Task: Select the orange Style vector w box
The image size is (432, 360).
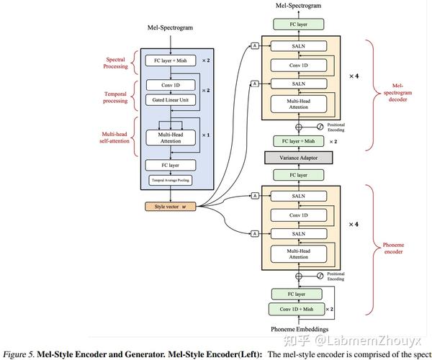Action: tap(170, 207)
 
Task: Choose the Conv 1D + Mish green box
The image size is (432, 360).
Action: tap(297, 309)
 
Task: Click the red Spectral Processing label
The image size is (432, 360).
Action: tap(116, 62)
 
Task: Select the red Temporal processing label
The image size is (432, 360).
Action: tap(115, 97)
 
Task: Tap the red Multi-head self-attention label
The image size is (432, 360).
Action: tap(114, 135)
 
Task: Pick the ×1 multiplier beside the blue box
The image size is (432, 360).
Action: tap(206, 135)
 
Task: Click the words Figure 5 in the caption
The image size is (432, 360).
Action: tap(19, 354)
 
